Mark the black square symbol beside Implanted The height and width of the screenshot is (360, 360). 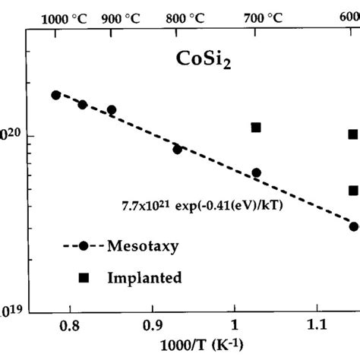coord(84,278)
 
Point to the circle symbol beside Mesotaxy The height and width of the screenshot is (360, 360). coord(84,247)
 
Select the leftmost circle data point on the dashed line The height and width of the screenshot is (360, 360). coord(55,95)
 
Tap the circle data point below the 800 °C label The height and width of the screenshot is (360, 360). coord(177,149)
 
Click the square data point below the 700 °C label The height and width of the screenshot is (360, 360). coord(256,128)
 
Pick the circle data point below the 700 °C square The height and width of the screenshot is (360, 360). coord(256,173)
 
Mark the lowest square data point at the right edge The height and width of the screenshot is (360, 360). coord(353,191)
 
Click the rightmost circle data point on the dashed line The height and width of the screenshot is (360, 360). coord(353,226)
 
